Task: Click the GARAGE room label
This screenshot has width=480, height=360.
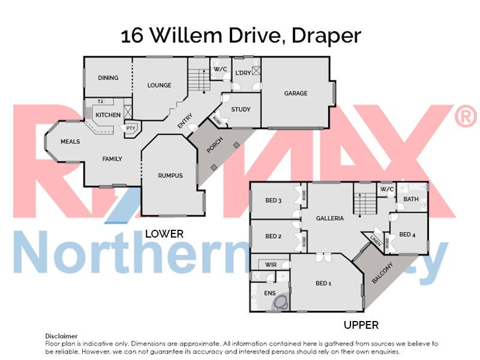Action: (x=296, y=93)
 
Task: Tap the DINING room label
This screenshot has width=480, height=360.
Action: (x=108, y=78)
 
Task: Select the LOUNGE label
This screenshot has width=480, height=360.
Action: (x=159, y=85)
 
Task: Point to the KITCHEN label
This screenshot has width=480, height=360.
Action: (x=108, y=115)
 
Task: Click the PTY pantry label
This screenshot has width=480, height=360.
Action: (x=130, y=127)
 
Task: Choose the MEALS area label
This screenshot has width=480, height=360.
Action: (x=70, y=142)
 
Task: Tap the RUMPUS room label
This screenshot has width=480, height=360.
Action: (x=170, y=175)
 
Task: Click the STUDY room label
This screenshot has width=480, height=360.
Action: (x=241, y=109)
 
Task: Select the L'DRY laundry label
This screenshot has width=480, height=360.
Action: (x=243, y=73)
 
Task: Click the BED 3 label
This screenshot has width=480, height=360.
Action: (x=273, y=200)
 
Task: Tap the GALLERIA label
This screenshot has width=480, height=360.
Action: (x=330, y=218)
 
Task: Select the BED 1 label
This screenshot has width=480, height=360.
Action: (x=323, y=283)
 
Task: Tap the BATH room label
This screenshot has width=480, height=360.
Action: (x=411, y=199)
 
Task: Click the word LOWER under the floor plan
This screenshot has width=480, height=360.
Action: (x=164, y=234)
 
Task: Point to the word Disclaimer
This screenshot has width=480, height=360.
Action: (x=61, y=336)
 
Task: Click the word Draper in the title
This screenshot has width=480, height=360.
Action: (x=326, y=36)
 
